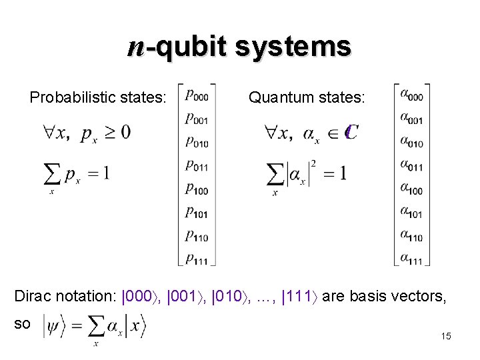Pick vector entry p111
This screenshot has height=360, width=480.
pyautogui.click(x=197, y=257)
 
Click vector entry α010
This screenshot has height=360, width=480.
pyautogui.click(x=411, y=141)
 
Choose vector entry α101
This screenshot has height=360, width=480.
pyautogui.click(x=411, y=212)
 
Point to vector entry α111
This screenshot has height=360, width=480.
pyautogui.click(x=411, y=257)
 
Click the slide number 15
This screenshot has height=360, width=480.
pyautogui.click(x=446, y=337)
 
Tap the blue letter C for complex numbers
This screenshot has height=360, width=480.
pyautogui.click(x=350, y=133)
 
